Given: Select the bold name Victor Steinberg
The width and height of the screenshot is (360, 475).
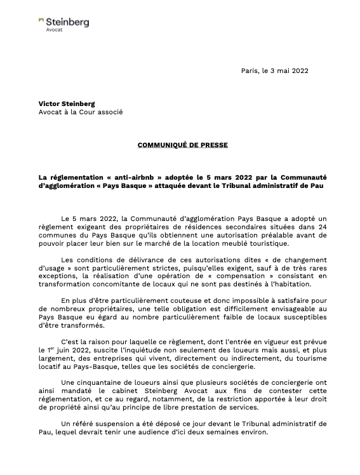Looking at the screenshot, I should coord(67,103).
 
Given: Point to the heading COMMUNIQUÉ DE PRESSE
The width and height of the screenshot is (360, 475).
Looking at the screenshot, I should coord(182,145).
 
